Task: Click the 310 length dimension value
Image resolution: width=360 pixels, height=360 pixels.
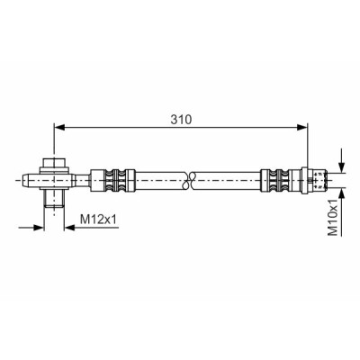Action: pyautogui.click(x=181, y=120)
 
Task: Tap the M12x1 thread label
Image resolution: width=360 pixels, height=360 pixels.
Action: pyautogui.click(x=98, y=220)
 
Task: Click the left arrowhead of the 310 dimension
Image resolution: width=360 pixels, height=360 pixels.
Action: pyautogui.click(x=59, y=128)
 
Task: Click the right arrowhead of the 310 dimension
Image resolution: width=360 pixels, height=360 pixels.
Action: pyautogui.click(x=302, y=128)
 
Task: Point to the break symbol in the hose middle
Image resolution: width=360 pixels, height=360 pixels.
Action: pyautogui.click(x=188, y=181)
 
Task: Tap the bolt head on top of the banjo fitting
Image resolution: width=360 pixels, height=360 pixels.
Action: pyautogui.click(x=54, y=163)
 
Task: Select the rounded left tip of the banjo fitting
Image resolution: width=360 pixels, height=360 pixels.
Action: pyautogui.click(x=25, y=181)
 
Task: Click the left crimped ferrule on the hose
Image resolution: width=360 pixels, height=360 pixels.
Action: pyautogui.click(x=112, y=181)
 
